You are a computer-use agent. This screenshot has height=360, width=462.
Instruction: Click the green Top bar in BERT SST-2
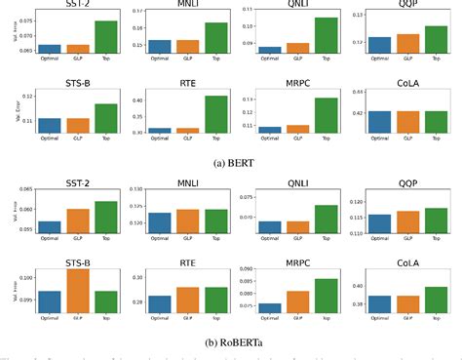105,37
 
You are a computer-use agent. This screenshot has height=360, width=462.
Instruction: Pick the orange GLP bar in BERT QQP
409,43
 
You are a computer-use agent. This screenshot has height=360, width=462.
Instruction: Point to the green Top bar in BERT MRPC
327,115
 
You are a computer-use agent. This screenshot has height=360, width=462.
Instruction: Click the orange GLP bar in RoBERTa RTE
188,302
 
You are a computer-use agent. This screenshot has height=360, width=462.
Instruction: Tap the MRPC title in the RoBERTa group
298,261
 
